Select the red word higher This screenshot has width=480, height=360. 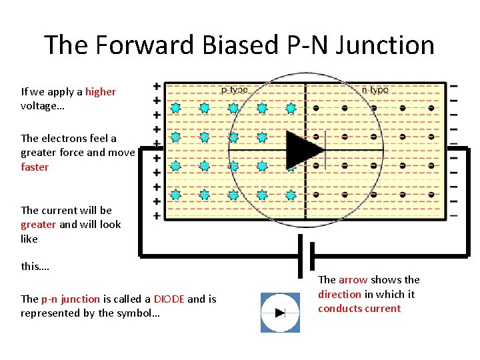coord(101,92)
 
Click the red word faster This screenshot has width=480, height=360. coord(35,167)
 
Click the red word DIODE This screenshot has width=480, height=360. coord(169,299)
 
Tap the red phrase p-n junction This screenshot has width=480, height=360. coord(71,299)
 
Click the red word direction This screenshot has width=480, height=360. coord(339,294)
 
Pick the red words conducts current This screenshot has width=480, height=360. coord(359,309)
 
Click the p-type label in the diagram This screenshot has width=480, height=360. coord(234,89)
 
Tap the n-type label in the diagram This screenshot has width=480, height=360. coord(375,89)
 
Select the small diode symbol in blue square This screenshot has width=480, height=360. coord(280,312)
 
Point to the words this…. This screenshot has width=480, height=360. coord(35,267)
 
